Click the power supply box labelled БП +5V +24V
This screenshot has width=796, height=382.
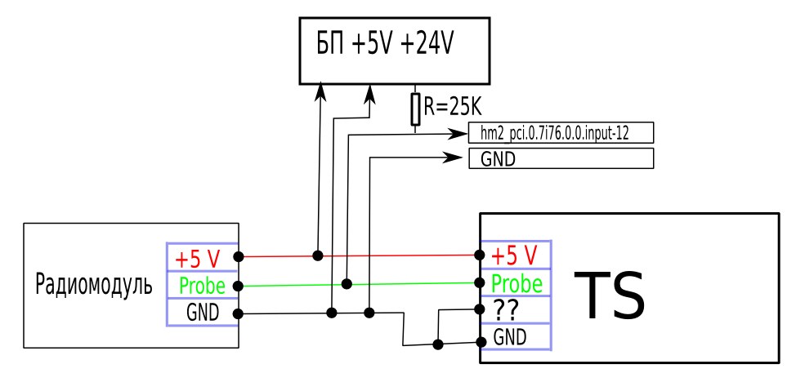tap(396, 50)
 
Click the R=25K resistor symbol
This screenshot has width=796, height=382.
tap(415, 109)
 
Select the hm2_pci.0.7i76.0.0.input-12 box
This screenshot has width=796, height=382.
tap(561, 134)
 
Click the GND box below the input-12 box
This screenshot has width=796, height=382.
tap(561, 158)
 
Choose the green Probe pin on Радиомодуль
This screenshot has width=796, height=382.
tap(202, 286)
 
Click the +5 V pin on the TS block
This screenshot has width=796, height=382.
tap(515, 255)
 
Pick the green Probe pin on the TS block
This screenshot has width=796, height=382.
tap(517, 283)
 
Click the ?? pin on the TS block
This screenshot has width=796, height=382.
tap(508, 310)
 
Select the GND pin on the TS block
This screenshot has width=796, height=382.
tap(510, 335)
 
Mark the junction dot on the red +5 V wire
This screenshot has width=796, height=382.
tap(317, 255)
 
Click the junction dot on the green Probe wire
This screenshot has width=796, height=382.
tap(347, 284)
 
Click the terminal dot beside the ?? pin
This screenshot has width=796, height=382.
tap(481, 309)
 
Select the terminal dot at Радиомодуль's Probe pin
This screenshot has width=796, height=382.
tap(239, 286)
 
